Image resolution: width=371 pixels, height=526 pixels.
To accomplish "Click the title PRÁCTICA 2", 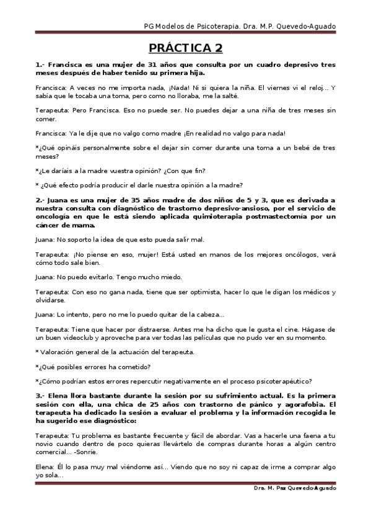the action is tap(185, 48).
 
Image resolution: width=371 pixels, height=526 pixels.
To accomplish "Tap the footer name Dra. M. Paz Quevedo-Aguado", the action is tap(295, 489).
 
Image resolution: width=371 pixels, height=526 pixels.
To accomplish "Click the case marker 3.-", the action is tap(40, 394).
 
